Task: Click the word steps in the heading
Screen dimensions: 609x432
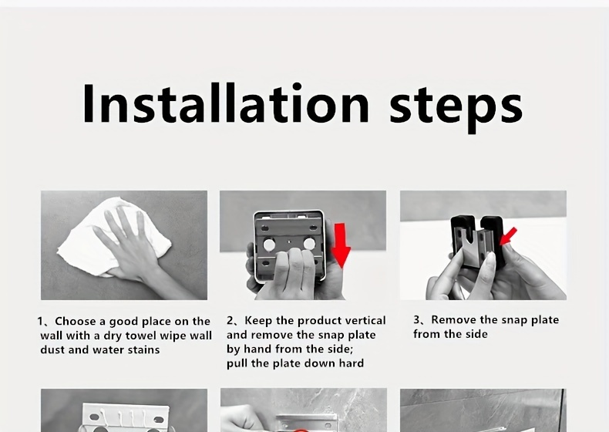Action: coord(456,108)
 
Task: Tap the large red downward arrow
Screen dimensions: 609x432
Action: coord(341,245)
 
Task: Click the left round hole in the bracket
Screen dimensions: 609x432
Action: coord(269,245)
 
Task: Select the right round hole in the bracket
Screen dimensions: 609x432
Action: coord(309,245)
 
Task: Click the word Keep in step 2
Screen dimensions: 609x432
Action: coord(258,321)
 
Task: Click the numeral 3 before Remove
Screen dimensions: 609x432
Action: coord(417,319)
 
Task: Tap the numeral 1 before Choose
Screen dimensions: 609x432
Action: coord(40,322)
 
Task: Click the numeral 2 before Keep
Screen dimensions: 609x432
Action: coord(230,320)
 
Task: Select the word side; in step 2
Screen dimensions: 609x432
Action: coord(341,349)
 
